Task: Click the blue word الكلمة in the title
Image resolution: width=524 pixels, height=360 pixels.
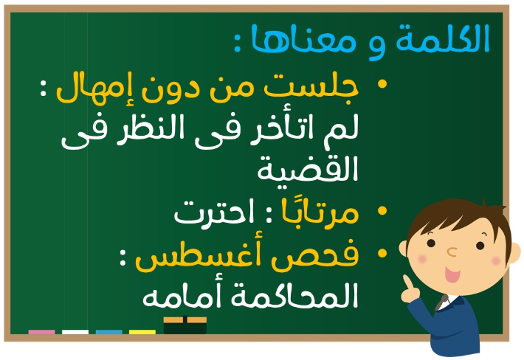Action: click(x=443, y=38)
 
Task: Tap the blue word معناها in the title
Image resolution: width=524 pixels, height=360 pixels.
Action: click(x=303, y=38)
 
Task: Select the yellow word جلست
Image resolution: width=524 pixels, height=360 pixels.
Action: click(x=311, y=88)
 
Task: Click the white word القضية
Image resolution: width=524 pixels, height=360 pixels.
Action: click(x=308, y=169)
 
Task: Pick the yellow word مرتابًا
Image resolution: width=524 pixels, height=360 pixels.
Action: click(x=320, y=211)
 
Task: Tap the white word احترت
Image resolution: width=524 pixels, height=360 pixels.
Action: click(x=214, y=212)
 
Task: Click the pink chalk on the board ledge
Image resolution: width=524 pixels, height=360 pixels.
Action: click(x=42, y=332)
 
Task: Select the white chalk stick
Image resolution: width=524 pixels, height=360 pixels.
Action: click(x=75, y=332)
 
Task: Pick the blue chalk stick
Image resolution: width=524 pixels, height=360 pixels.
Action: click(x=109, y=332)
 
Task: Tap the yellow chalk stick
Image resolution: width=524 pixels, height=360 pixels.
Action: click(x=142, y=332)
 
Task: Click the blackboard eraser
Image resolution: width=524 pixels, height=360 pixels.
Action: click(x=185, y=325)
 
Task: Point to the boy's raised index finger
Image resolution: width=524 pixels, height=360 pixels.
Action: click(x=408, y=283)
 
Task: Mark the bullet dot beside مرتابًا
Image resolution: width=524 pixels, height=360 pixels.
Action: click(x=382, y=211)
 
